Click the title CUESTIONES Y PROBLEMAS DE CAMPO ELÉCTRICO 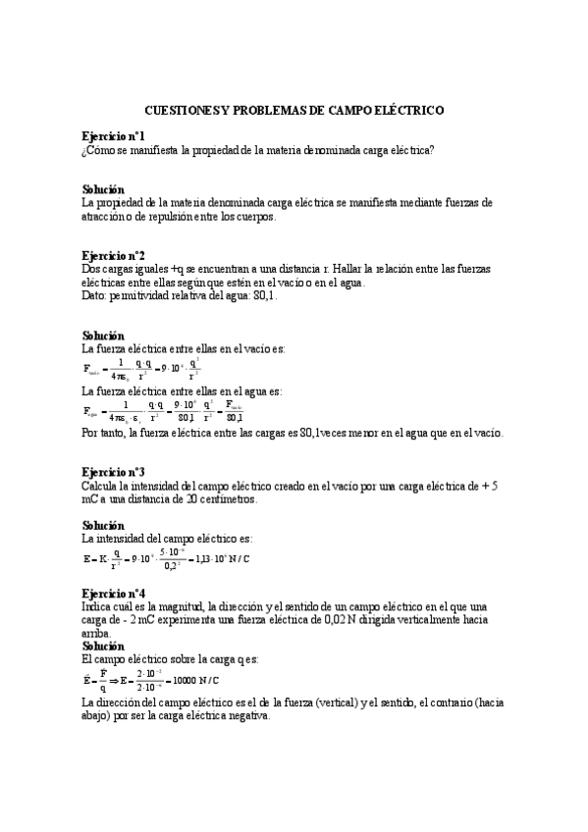pyautogui.click(x=294, y=113)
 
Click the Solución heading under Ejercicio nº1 pyautogui.click(x=103, y=188)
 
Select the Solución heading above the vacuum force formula pyautogui.click(x=103, y=335)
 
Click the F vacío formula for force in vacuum pyautogui.click(x=148, y=370)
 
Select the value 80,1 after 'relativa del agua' pyautogui.click(x=263, y=295)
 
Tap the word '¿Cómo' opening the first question pyautogui.click(x=99, y=150)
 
